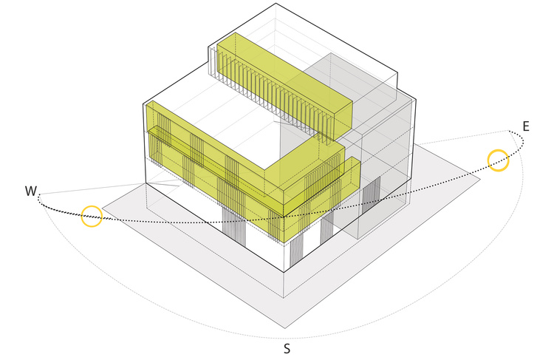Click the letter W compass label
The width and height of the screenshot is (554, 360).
pos(31,191)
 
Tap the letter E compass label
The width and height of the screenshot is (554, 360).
pos(526,126)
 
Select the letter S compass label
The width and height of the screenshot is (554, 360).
pos(287,349)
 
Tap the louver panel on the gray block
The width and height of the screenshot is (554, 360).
pos(372,195)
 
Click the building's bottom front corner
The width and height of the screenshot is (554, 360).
pos(284,272)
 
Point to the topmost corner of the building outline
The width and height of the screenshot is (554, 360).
pos(276,4)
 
